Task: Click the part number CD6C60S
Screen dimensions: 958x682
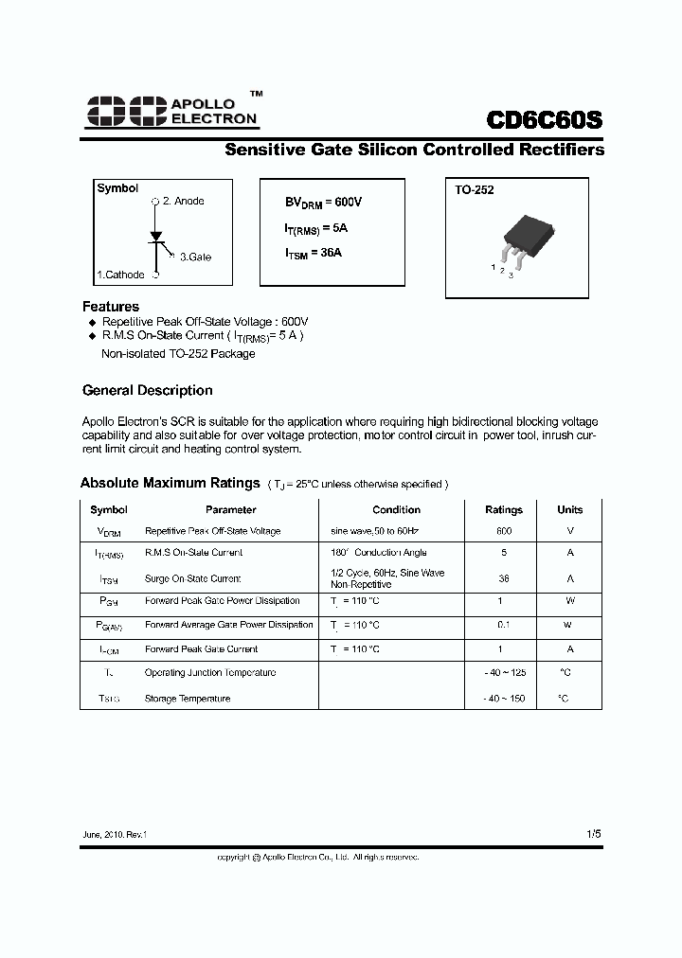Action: click(x=544, y=122)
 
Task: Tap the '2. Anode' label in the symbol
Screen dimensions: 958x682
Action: click(x=183, y=202)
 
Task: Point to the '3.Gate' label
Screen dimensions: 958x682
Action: click(x=195, y=257)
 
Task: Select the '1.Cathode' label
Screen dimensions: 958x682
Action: click(x=120, y=275)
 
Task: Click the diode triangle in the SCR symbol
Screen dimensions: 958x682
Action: click(x=155, y=234)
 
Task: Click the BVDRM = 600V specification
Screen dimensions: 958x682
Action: click(x=324, y=203)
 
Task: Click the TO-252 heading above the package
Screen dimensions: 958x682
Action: click(x=474, y=189)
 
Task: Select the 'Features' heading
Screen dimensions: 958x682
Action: click(x=111, y=307)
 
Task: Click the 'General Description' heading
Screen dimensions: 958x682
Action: click(x=147, y=390)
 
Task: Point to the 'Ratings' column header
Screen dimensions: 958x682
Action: click(x=504, y=509)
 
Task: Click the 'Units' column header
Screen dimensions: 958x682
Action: click(x=570, y=509)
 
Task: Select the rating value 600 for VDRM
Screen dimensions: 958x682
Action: click(x=504, y=531)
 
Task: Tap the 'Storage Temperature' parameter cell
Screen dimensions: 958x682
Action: click(x=187, y=699)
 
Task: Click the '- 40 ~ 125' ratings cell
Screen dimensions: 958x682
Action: click(x=504, y=672)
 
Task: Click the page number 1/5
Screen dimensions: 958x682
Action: click(x=593, y=833)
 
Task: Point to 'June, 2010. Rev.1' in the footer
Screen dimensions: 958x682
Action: click(x=115, y=835)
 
